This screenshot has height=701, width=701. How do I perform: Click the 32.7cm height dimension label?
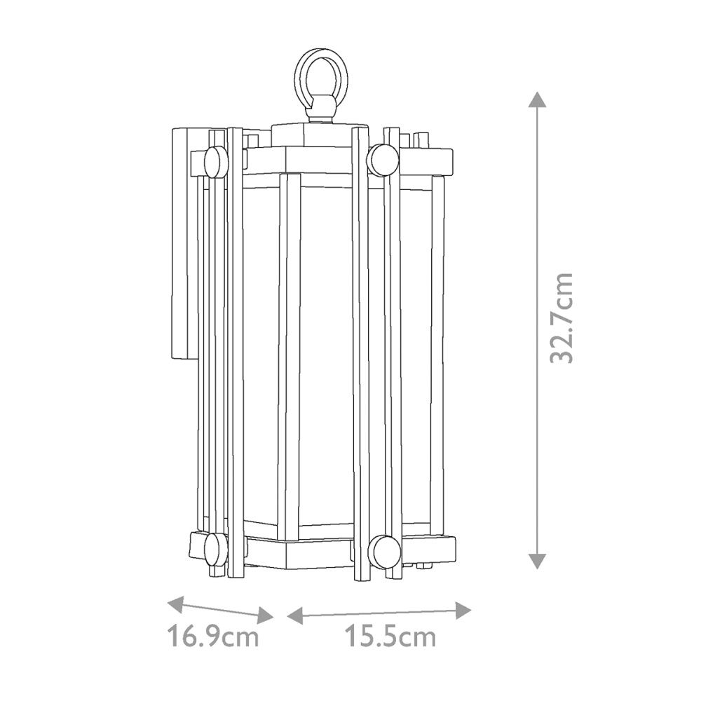[x=562, y=318]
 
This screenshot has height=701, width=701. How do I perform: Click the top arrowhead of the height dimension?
[x=537, y=100]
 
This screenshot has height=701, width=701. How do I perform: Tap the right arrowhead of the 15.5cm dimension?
[x=463, y=611]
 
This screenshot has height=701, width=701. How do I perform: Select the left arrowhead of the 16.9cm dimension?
[x=176, y=603]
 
